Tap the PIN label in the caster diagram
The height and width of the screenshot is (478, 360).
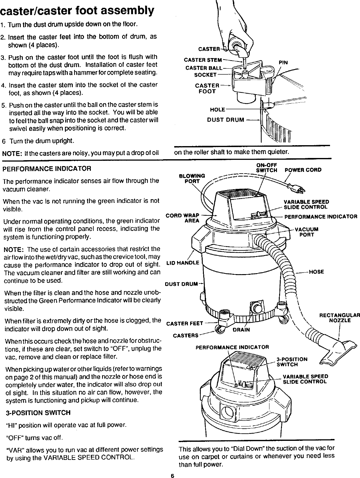(x=283, y=62)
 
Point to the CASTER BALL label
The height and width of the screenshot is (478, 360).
(x=204, y=68)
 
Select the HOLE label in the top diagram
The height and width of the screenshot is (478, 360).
(x=218, y=110)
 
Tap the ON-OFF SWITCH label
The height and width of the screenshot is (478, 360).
(x=266, y=168)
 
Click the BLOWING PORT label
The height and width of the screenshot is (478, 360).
(x=192, y=178)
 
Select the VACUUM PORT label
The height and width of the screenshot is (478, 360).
(x=307, y=232)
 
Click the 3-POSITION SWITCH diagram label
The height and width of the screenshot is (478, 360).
(x=292, y=362)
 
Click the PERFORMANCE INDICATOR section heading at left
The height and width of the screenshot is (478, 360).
(x=47, y=169)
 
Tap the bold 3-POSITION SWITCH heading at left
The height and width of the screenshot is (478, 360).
(x=38, y=413)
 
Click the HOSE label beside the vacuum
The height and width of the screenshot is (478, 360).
(x=316, y=272)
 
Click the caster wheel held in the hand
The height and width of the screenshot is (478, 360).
(x=237, y=47)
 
